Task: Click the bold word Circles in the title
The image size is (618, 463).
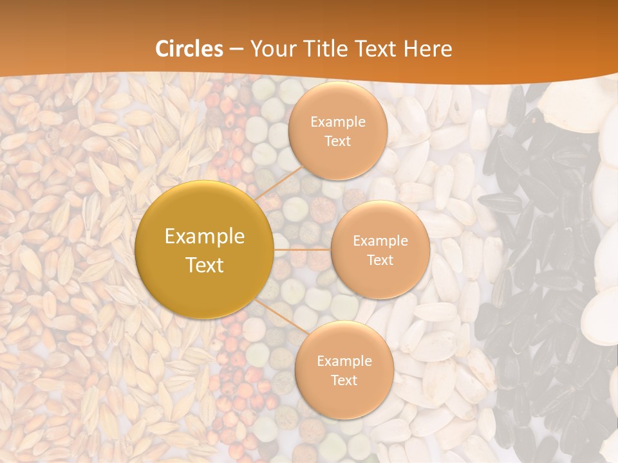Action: tap(190, 49)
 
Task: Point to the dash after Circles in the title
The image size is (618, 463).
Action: tap(236, 50)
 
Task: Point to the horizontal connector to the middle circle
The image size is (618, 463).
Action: tap(302, 250)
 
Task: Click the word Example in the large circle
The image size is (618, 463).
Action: tap(205, 237)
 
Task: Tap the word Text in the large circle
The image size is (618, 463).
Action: tap(205, 265)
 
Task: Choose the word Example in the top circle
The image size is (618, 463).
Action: tap(338, 122)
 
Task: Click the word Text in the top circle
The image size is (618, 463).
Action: tap(338, 141)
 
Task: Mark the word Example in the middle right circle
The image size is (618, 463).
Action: tap(380, 241)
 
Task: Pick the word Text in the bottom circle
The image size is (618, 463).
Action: tap(344, 380)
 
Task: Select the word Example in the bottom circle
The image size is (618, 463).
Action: tap(344, 361)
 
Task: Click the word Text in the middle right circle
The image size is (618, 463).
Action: tap(380, 260)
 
